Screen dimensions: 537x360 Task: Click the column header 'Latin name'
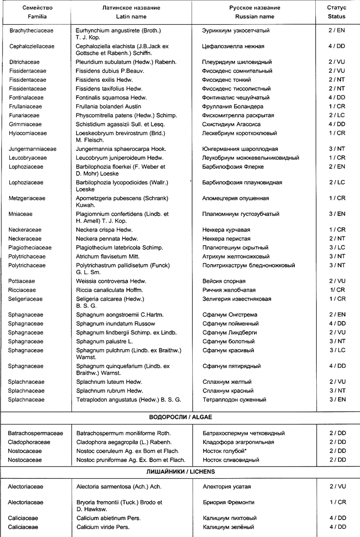[x=131, y=17]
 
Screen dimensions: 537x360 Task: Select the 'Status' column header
[x=337, y=17]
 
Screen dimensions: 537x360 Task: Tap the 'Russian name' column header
[x=254, y=17]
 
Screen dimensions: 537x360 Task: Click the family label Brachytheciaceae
[x=32, y=31]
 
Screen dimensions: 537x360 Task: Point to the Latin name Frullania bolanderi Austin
[x=108, y=107]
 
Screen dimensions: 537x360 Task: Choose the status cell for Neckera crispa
[x=337, y=230]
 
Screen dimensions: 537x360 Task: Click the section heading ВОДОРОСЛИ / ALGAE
[x=180, y=417]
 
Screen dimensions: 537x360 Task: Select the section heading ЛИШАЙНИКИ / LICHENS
[x=180, y=471]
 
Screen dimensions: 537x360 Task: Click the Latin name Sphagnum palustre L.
[x=108, y=341]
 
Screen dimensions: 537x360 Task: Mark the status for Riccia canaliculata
[x=337, y=290]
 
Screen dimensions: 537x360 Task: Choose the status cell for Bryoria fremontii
[x=337, y=502]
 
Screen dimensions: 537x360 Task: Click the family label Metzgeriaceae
[x=28, y=198]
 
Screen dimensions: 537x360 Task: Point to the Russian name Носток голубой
[x=224, y=451]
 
